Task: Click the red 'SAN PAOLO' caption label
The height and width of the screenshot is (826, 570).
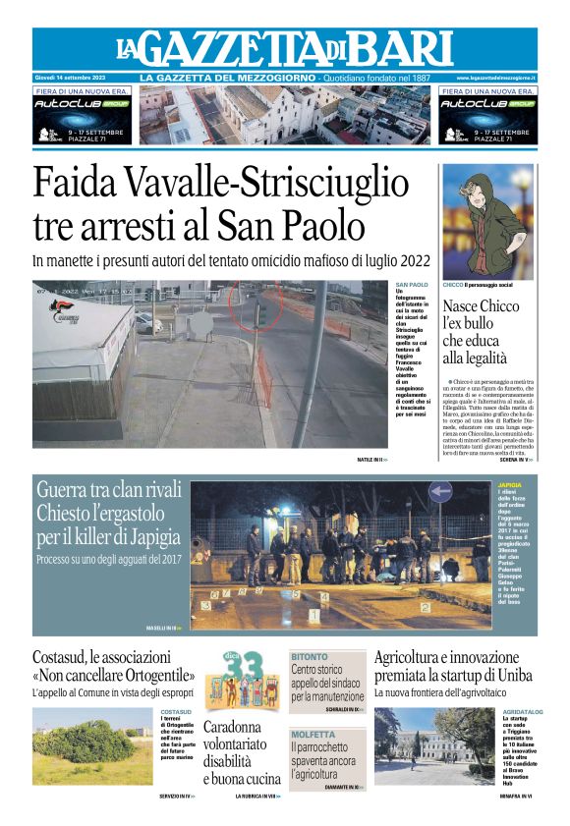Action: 412,285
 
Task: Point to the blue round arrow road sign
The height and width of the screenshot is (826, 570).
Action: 440,493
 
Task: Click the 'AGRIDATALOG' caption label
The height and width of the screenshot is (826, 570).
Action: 522,711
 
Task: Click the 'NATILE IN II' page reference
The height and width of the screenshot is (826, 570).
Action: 371,460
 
